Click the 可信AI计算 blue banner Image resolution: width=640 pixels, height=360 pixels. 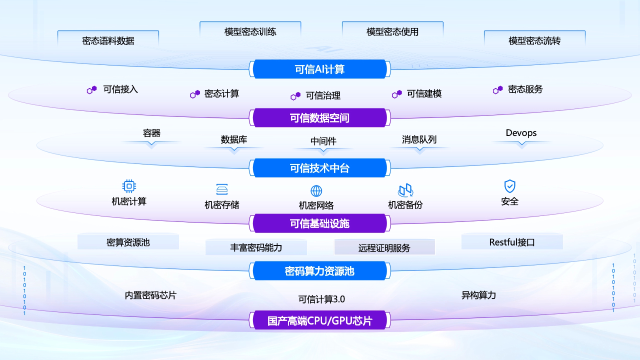point(320,69)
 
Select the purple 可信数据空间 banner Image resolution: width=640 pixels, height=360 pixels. point(320,118)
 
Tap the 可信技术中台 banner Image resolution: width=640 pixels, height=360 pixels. point(320,168)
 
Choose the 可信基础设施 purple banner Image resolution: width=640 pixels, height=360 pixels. point(320,223)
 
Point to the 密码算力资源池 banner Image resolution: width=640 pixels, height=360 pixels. point(320,271)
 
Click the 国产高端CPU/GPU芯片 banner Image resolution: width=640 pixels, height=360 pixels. point(320,320)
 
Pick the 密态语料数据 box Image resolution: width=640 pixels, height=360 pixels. point(108,40)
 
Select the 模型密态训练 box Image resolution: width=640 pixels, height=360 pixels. point(250,31)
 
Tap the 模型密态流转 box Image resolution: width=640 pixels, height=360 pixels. point(534,40)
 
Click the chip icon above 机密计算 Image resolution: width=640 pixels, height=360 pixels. point(129,186)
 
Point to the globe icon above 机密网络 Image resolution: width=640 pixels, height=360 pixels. point(316,191)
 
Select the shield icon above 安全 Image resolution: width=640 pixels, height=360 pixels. point(509,186)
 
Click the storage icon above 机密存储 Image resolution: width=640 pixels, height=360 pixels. point(222,189)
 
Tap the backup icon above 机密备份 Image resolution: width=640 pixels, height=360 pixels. point(405,190)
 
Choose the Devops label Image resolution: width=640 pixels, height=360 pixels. point(521,133)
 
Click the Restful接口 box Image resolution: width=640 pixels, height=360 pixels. point(512,242)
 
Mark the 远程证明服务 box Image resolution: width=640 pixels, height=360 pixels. point(384,247)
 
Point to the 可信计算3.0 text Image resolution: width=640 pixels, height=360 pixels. point(321,299)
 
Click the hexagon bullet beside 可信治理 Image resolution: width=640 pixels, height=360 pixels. point(295,96)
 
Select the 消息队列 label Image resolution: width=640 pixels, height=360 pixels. point(419,139)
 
